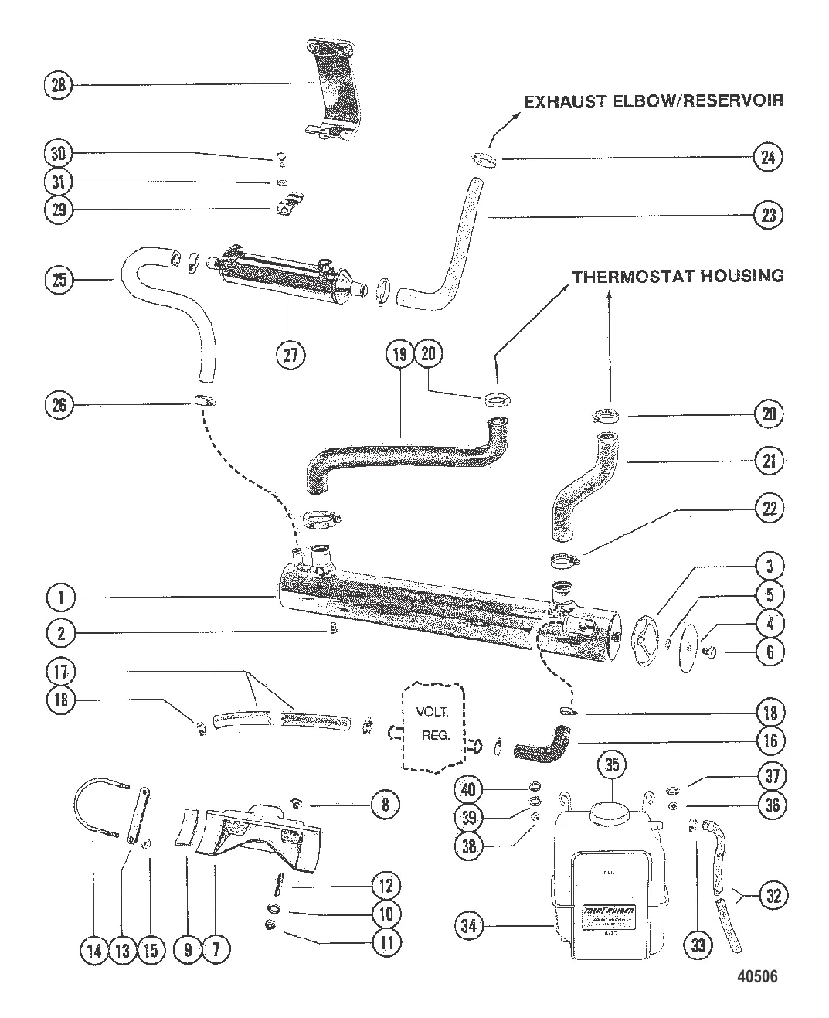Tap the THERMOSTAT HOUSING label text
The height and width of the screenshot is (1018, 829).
tap(678, 276)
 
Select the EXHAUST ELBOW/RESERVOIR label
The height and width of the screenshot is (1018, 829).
tap(654, 101)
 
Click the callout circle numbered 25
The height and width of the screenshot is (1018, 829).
tap(57, 280)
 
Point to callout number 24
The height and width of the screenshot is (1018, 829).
tap(768, 157)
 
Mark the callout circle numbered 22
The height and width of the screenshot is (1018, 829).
tap(769, 509)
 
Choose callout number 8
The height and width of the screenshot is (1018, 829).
tap(385, 805)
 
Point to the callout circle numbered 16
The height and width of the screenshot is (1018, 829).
tap(769, 741)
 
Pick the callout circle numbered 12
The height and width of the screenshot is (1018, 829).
tap(385, 886)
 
